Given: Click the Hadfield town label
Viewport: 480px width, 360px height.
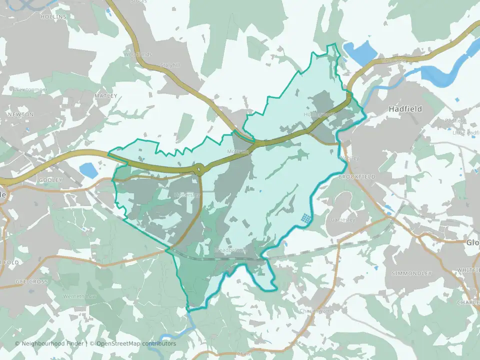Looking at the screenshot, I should pos(405,108).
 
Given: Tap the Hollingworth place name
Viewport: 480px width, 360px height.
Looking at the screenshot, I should pos(320,114).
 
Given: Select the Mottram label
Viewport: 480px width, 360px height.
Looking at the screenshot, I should pos(238,151).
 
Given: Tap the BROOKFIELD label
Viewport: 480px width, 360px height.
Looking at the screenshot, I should pos(356,177).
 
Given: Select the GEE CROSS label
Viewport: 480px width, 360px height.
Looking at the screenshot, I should pos(31,282).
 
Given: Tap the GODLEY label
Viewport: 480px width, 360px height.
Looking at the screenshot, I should pos(50,180).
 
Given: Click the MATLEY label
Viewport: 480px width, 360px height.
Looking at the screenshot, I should pos(106,95).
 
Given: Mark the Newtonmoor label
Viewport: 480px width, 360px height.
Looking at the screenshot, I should pos(31,90).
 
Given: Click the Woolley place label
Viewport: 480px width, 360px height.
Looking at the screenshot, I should pos(349,158).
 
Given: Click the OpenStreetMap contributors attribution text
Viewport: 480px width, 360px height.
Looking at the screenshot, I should pos(136,343).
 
